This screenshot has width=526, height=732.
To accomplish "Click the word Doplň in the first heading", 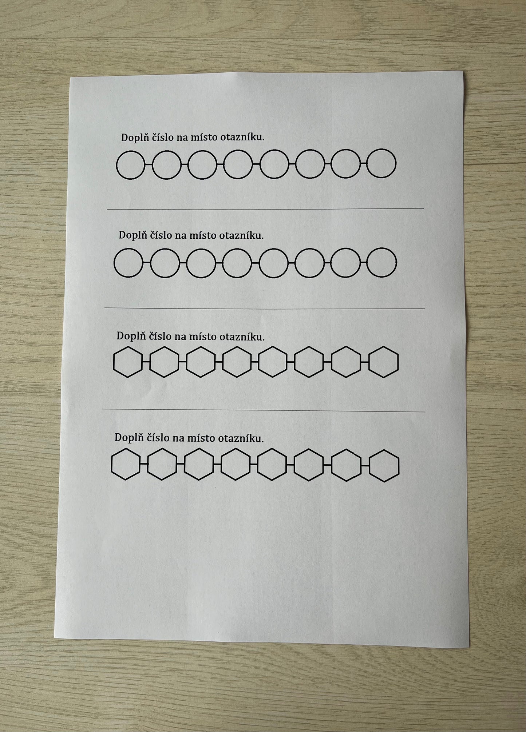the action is tap(134, 138).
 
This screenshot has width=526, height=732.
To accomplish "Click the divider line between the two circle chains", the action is tap(265, 209).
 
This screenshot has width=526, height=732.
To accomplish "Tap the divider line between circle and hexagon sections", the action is tap(265, 309).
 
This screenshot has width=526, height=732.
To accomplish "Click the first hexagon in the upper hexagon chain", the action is tap(114, 362).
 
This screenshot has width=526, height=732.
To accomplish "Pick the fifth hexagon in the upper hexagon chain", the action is tap(259, 362).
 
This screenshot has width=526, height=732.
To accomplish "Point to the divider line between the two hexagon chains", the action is tap(264, 410).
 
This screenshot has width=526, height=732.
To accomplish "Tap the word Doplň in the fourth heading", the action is tap(128, 438).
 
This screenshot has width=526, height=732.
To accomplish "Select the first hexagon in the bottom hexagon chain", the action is tap(111, 464).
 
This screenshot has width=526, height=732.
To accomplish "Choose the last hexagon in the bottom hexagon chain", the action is tap(399, 466).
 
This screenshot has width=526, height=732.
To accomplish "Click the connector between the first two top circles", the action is tap(149, 165).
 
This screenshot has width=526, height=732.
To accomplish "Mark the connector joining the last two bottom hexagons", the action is tap(365, 465).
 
